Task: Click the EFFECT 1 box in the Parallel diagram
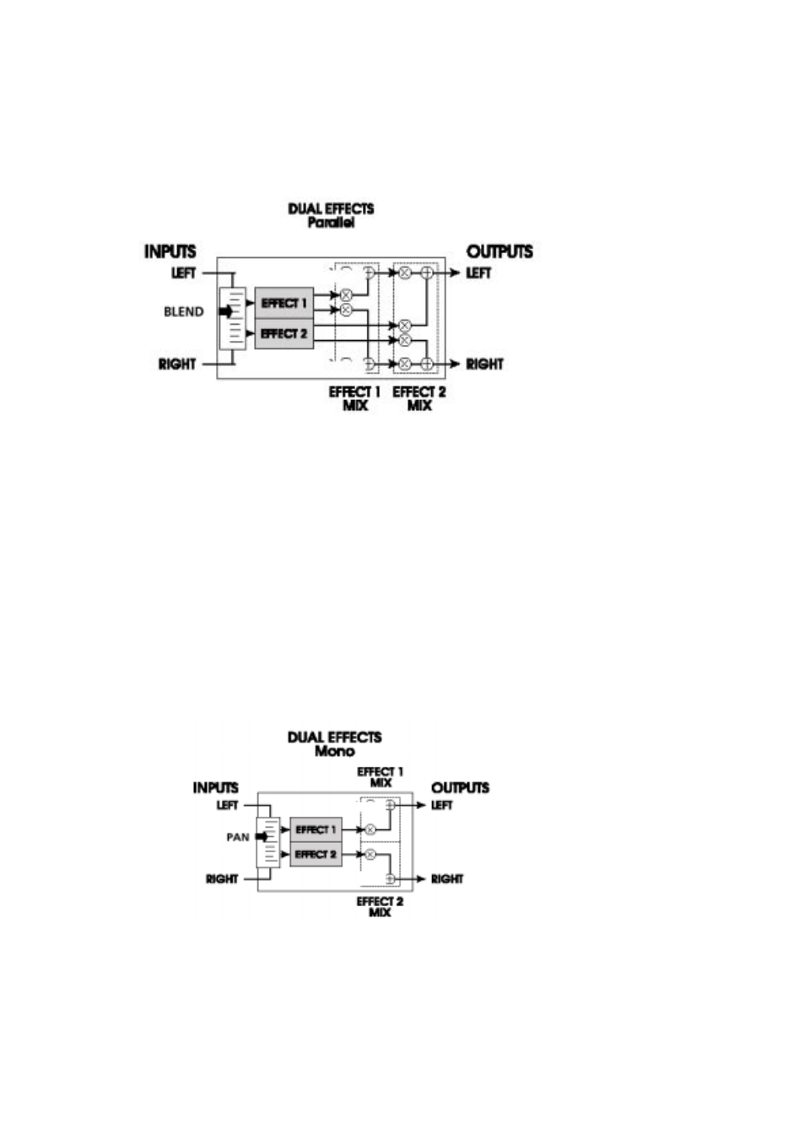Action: click(284, 303)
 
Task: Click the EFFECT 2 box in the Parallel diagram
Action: click(284, 333)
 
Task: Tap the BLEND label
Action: click(184, 311)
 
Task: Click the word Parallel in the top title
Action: click(331, 223)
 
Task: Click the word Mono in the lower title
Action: click(334, 751)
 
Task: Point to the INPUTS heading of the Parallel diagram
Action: click(170, 251)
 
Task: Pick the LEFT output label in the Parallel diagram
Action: click(478, 273)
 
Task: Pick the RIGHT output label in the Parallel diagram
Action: click(484, 364)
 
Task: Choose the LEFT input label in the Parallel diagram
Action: click(184, 273)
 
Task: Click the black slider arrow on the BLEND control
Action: click(226, 311)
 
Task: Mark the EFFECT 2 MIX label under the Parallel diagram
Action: click(419, 398)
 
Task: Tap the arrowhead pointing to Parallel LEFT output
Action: click(456, 273)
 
